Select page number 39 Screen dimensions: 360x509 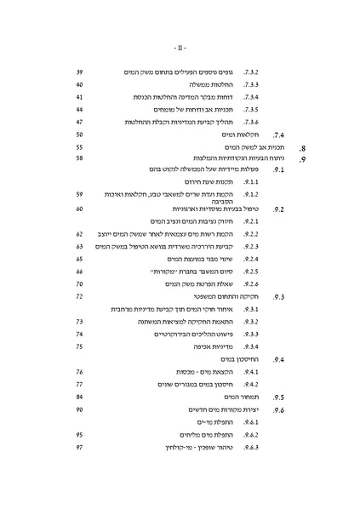pyautogui.click(x=79, y=73)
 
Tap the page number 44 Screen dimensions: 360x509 pyautogui.click(x=79, y=110)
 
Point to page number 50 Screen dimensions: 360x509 pyautogui.click(x=79, y=134)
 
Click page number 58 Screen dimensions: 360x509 pyautogui.click(x=79, y=158)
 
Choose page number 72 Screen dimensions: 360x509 pyautogui.click(x=79, y=295)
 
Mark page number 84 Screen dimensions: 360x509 pyautogui.click(x=79, y=397)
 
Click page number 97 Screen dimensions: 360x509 pyautogui.click(x=79, y=446)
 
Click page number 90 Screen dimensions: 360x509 pyautogui.click(x=79, y=409)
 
